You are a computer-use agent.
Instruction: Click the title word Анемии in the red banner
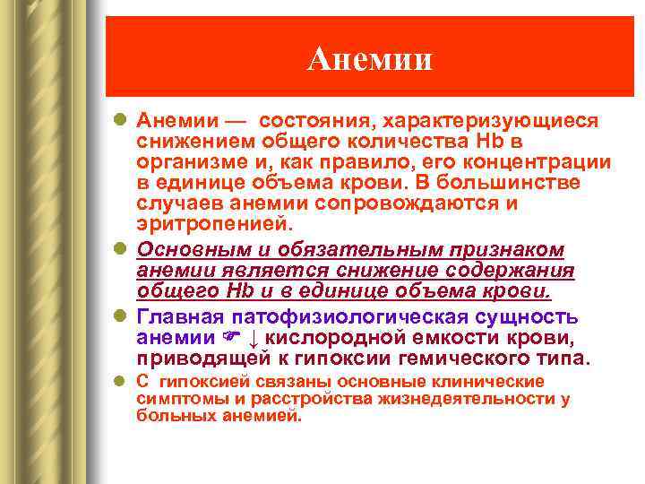click(369, 59)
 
